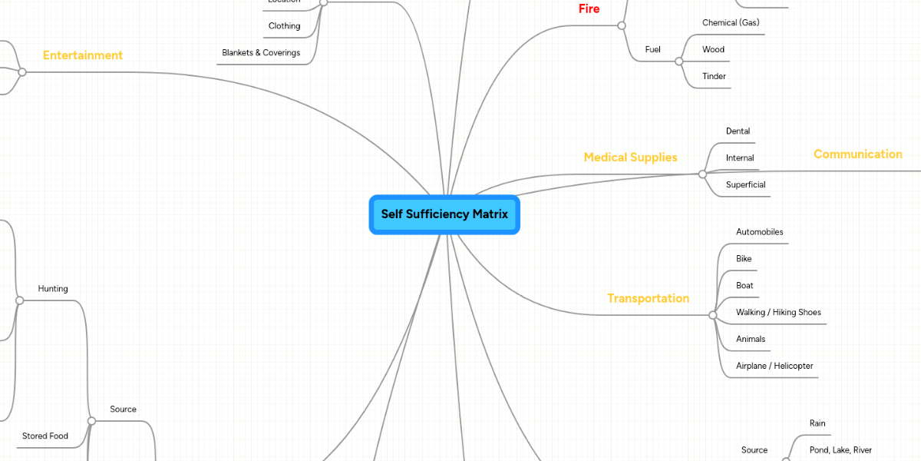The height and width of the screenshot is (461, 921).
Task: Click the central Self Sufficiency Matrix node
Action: click(x=444, y=214)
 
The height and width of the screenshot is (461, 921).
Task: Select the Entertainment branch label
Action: click(x=82, y=55)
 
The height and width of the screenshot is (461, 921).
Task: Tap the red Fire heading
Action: click(x=589, y=9)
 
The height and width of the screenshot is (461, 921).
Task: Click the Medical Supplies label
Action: click(x=630, y=158)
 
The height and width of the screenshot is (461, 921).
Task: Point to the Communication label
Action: click(x=857, y=154)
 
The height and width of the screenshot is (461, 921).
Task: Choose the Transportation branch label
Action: click(x=648, y=298)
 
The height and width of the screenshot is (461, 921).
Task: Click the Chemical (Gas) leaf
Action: click(x=730, y=23)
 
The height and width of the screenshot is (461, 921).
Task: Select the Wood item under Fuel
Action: click(x=713, y=50)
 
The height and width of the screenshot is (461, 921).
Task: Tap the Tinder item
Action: click(x=714, y=77)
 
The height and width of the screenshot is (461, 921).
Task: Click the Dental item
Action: click(x=738, y=131)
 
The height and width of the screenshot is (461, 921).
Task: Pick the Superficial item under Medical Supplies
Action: click(x=745, y=185)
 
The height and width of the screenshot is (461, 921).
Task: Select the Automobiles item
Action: click(x=759, y=232)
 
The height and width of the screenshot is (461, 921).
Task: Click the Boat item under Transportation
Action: click(x=744, y=286)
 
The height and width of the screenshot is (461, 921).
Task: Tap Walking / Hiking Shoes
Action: click(x=778, y=313)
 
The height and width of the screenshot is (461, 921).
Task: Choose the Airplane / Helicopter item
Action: click(x=774, y=366)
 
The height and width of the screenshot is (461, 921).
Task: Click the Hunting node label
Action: click(x=53, y=289)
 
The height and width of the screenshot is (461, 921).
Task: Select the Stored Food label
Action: click(x=45, y=436)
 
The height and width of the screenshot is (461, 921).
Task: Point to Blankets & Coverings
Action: click(x=261, y=53)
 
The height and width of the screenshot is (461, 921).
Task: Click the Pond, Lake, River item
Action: click(x=840, y=450)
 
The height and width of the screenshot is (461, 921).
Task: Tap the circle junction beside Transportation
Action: click(x=713, y=315)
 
